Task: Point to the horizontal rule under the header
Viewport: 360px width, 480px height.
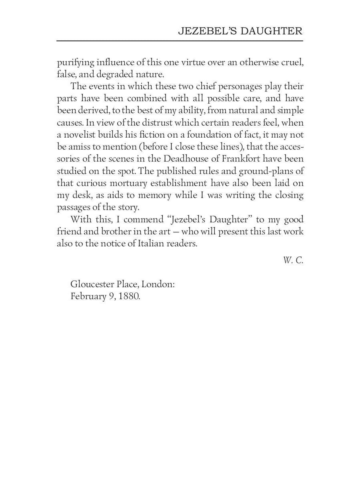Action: coord(180,41)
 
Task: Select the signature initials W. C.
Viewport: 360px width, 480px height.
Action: coord(293,260)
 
